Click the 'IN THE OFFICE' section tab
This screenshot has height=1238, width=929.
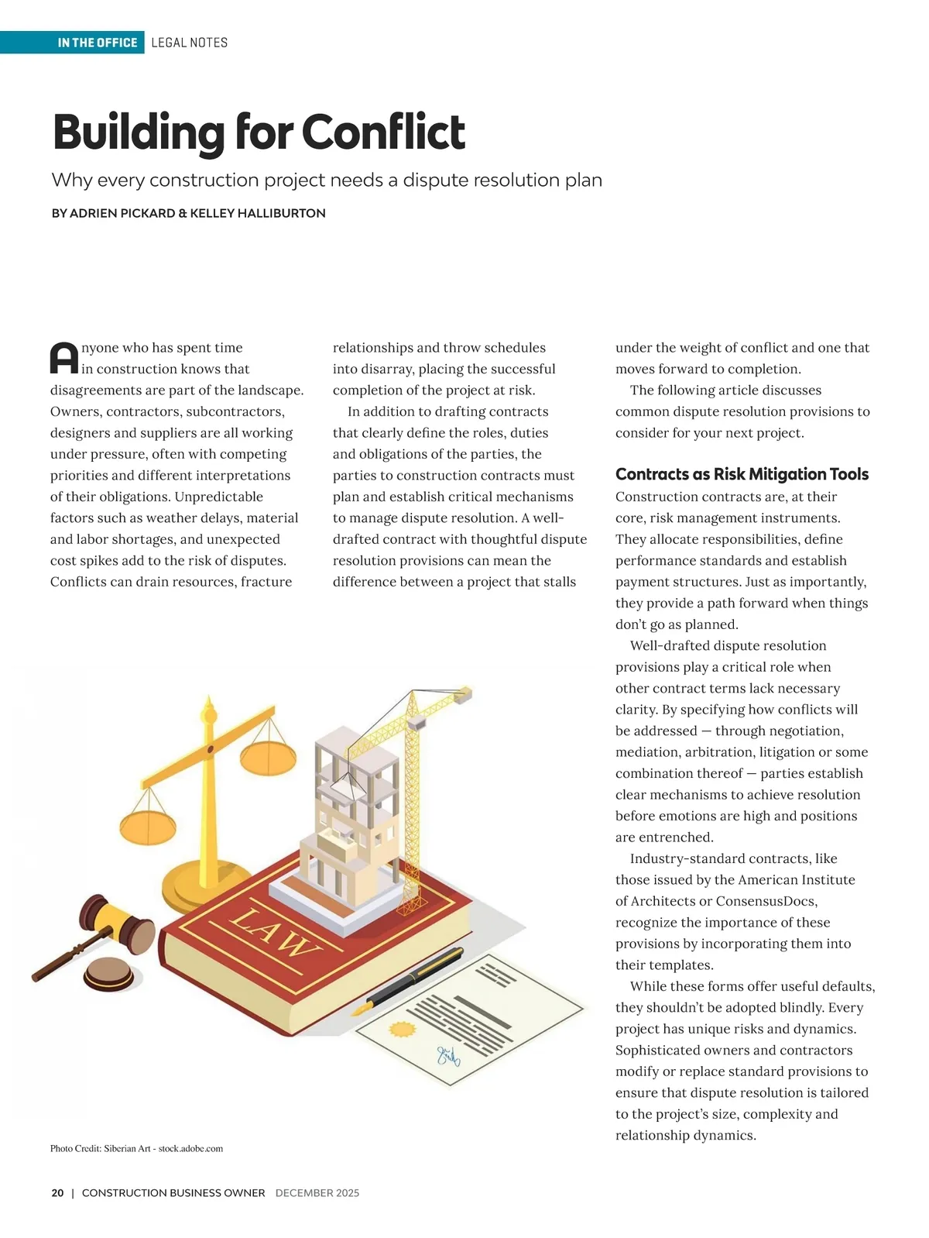coord(97,43)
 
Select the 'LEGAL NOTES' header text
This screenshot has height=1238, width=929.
coord(190,43)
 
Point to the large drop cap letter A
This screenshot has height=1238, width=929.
coord(64,358)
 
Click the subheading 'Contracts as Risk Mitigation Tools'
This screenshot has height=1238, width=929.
coord(742,474)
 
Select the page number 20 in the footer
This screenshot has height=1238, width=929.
coord(57,1193)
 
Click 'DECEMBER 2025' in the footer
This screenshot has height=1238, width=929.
coord(317,1193)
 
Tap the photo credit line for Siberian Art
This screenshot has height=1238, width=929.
coord(136,1148)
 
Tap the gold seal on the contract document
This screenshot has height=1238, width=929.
coord(403,1030)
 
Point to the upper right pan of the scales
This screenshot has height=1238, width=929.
coord(268,755)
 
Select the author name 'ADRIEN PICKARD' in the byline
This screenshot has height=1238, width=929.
coord(122,213)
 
